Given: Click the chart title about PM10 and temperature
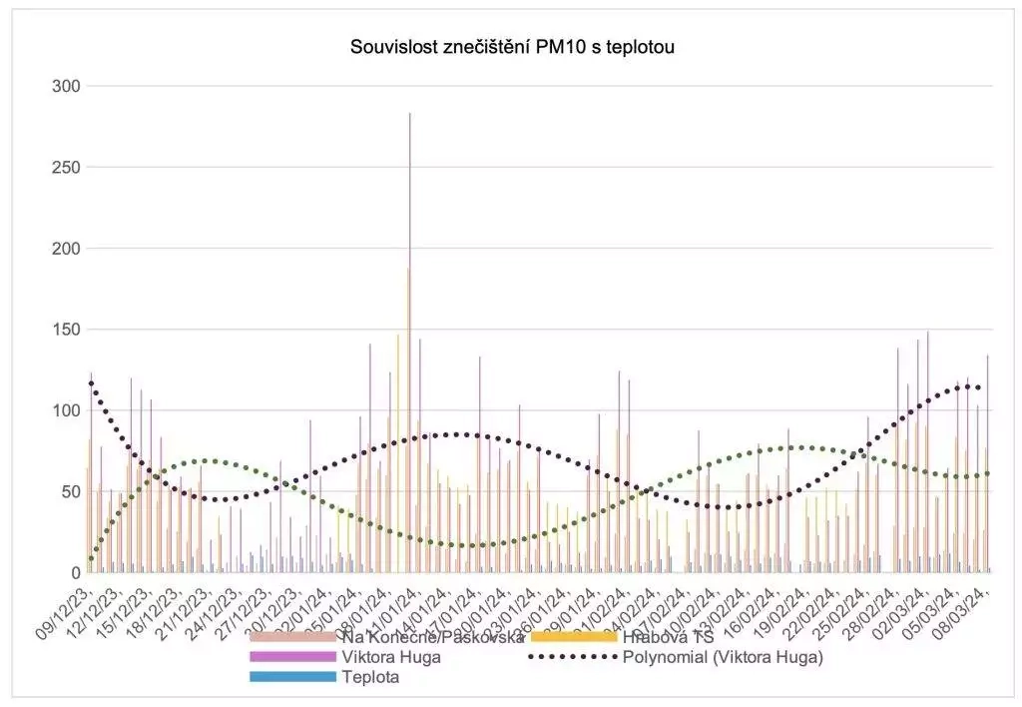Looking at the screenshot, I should [x=512, y=46].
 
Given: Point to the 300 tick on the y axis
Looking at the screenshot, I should [x=66, y=86].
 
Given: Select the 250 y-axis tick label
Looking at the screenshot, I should [x=66, y=167].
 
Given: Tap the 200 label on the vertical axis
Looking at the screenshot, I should [x=66, y=248].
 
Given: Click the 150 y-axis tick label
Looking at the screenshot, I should [x=66, y=330].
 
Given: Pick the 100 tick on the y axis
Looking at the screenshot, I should [x=66, y=410].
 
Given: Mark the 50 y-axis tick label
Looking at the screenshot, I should [x=70, y=491].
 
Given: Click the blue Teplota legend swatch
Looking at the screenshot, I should [x=292, y=677].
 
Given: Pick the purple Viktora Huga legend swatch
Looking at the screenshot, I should [x=292, y=657].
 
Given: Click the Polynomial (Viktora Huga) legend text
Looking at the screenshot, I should [x=723, y=657].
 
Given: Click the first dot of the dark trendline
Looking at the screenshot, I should [x=91, y=382].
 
